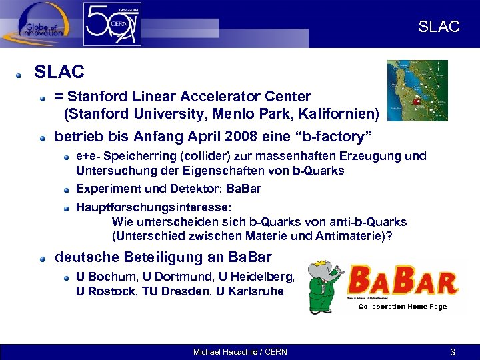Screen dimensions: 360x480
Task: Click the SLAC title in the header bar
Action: pos(439,27)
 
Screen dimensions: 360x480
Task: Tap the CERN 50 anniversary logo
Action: pos(112,24)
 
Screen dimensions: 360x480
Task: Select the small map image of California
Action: pos(417,91)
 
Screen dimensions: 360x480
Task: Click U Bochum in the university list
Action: pos(101,276)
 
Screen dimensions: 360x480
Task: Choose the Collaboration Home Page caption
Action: pos(403,307)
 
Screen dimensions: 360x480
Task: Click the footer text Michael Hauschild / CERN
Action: pos(240,352)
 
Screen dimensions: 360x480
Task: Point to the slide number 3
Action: pos(452,352)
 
